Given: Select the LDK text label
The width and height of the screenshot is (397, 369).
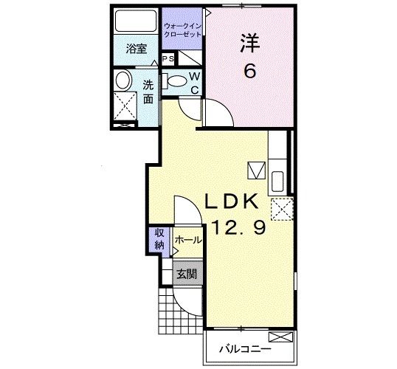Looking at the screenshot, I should click(x=230, y=201).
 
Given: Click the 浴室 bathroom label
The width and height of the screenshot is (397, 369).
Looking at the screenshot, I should click(x=136, y=49).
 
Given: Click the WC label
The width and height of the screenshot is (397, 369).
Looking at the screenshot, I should click(x=194, y=83).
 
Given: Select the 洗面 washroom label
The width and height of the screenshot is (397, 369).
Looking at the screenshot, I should click(x=148, y=91).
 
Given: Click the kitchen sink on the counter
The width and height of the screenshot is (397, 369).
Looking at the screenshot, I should click(x=277, y=181).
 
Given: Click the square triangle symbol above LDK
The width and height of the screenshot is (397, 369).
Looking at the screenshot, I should click(x=255, y=170).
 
